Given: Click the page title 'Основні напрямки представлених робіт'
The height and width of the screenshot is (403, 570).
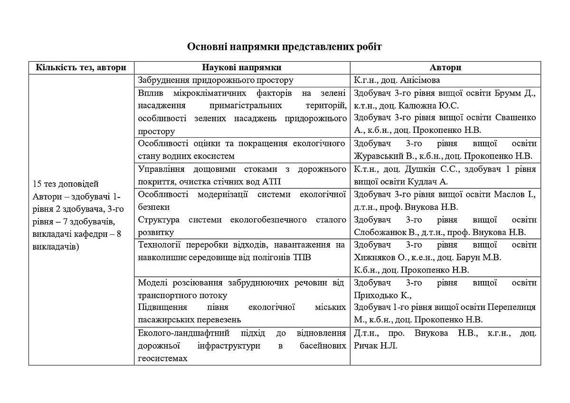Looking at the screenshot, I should click(x=284, y=47).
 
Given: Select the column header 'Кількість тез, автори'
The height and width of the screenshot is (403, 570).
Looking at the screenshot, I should click(x=81, y=67).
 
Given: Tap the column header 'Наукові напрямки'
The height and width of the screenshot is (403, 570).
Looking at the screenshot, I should click(x=242, y=67).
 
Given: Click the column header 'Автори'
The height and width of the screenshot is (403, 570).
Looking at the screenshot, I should click(x=445, y=67).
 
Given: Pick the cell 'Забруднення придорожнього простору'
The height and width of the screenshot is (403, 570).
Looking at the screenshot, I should click(x=215, y=80).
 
